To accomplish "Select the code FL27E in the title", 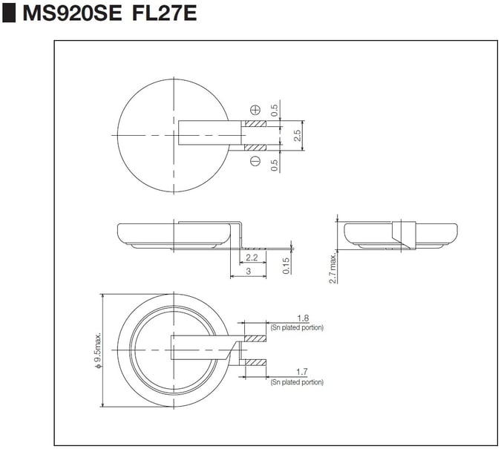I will pos(164,14).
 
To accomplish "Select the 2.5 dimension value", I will pos(297,135).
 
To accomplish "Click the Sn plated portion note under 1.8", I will pos(297,327).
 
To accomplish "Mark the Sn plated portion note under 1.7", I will pos(297,382).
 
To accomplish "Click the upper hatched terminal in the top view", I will pos(255,123).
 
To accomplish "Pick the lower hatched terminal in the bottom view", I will pos(255,361).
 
